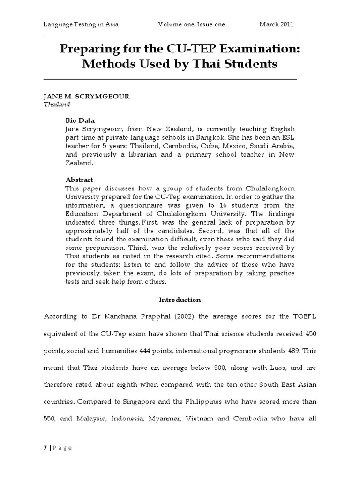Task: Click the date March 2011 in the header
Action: coord(277,24)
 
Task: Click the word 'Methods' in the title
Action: coord(107,64)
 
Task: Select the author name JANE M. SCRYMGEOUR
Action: coord(86,96)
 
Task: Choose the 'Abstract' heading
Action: coord(79,180)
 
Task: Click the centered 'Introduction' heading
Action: coord(180,300)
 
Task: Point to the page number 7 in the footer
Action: coord(45,448)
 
